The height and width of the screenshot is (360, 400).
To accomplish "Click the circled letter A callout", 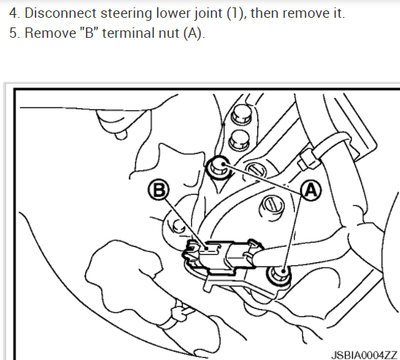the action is (x=311, y=190).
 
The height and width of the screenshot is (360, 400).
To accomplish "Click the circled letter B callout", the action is (x=159, y=190).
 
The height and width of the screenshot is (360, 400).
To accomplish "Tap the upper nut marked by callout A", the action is (x=219, y=167).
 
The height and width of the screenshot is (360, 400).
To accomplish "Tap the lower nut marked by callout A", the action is (x=279, y=275).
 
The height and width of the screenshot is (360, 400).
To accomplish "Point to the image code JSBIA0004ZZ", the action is (x=364, y=355).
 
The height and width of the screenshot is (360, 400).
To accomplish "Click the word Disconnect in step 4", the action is (x=61, y=13).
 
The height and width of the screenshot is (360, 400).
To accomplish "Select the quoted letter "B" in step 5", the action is (x=90, y=33).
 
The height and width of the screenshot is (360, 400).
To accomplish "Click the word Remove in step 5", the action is (x=50, y=33).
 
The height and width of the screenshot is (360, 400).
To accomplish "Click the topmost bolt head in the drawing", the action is (x=241, y=114).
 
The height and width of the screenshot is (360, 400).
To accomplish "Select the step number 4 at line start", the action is (x=15, y=13).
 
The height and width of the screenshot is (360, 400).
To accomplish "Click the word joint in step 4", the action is (x=209, y=14).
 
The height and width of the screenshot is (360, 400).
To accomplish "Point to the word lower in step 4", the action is (x=173, y=13).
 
